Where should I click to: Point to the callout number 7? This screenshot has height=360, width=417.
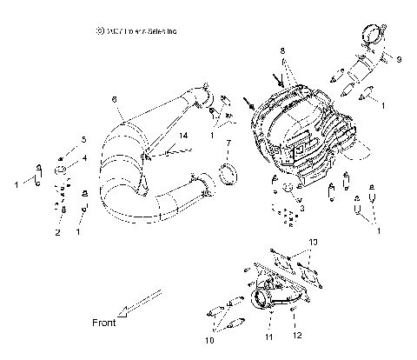[x=228, y=143]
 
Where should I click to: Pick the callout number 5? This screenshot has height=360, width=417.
[x=83, y=139]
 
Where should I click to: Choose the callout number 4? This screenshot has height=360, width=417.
[x=84, y=157]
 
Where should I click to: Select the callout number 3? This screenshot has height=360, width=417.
[x=301, y=209]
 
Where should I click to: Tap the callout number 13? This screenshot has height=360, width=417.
[x=314, y=242]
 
